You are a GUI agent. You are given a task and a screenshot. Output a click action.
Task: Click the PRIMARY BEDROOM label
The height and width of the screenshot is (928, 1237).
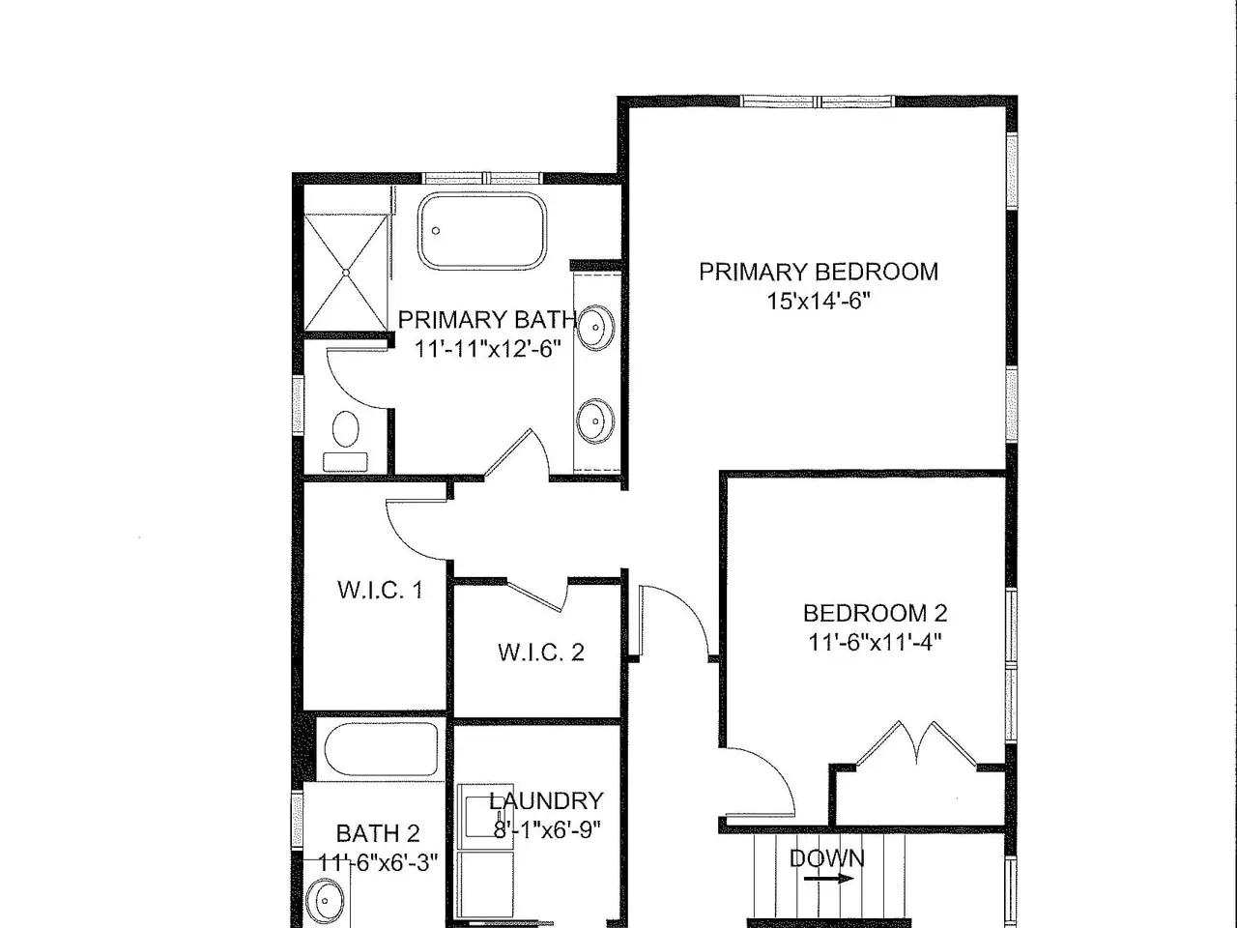pyautogui.click(x=819, y=272)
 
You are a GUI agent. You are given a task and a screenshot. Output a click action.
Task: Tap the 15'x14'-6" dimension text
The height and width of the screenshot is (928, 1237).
pyautogui.click(x=819, y=302)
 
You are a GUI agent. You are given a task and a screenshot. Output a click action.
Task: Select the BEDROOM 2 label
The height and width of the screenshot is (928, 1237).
pyautogui.click(x=875, y=613)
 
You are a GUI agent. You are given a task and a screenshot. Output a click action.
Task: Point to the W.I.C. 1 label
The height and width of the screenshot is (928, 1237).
pyautogui.click(x=381, y=590)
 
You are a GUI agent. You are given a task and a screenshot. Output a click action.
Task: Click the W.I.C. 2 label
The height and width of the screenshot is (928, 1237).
pyautogui.click(x=541, y=652)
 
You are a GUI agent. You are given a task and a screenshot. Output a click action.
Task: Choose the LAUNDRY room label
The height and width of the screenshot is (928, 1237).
pyautogui.click(x=546, y=800)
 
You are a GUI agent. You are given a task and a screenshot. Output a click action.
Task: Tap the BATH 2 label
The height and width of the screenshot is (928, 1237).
pyautogui.click(x=378, y=833)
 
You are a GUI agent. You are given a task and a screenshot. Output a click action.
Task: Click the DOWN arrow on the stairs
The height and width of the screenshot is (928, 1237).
pyautogui.click(x=828, y=878)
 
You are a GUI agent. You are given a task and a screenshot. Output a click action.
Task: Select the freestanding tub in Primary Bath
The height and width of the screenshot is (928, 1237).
pyautogui.click(x=482, y=230)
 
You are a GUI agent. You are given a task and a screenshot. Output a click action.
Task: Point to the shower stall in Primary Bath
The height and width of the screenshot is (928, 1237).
pyautogui.click(x=346, y=273)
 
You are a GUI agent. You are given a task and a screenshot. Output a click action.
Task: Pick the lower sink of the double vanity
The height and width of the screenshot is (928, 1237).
pyautogui.click(x=595, y=420)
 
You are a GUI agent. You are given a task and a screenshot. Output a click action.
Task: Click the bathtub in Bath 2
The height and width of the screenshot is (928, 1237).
pyautogui.click(x=382, y=749)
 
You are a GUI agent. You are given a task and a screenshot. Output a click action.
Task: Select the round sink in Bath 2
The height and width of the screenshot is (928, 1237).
pyautogui.click(x=325, y=901)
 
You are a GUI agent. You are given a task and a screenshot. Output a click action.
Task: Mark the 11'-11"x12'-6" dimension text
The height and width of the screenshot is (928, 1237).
pyautogui.click(x=488, y=349)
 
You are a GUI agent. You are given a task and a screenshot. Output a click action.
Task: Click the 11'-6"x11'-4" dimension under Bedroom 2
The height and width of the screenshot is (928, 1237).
pyautogui.click(x=876, y=642)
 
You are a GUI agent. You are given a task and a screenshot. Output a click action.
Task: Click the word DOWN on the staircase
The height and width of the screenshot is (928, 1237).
pyautogui.click(x=826, y=858)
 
